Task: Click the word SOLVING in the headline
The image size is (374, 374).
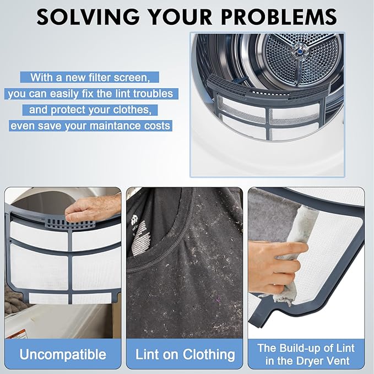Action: tap(88, 17)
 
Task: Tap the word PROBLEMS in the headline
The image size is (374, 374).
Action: tap(279, 17)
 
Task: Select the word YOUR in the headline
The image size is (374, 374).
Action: tap(180, 17)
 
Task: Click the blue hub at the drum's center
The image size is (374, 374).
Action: tap(299, 51)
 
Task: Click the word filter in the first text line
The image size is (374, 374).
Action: tap(100, 78)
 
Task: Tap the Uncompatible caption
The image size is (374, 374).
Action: tap(63, 354)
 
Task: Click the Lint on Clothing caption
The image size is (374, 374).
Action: tap(185, 354)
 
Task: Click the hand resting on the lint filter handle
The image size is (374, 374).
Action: tap(93, 208)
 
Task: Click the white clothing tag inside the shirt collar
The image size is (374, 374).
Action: tap(139, 238)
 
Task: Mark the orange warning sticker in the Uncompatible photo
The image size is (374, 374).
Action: tap(16, 334)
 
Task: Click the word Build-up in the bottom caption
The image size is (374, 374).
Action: tap(297, 348)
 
